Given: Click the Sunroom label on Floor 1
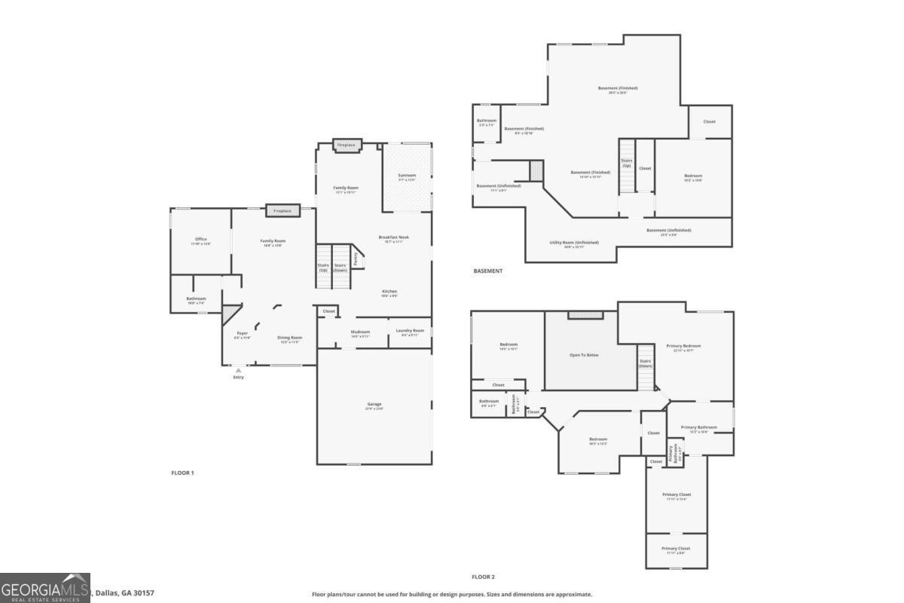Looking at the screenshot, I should pyautogui.click(x=407, y=176).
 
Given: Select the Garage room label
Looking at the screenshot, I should pyautogui.click(x=374, y=405).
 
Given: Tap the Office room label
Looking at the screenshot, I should pyautogui.click(x=200, y=240).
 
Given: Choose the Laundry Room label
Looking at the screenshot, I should pyautogui.click(x=410, y=331).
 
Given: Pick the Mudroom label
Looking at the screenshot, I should pyautogui.click(x=360, y=332).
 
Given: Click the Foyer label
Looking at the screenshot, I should pyautogui.click(x=242, y=333).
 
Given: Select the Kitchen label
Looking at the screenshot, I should pyautogui.click(x=389, y=292).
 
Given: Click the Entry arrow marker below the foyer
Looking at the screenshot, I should pyautogui.click(x=238, y=370).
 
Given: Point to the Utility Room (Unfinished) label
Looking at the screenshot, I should pyautogui.click(x=574, y=243).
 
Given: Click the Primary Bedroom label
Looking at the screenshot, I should pyautogui.click(x=684, y=346).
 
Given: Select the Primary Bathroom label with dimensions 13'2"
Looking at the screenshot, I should pyautogui.click(x=698, y=427).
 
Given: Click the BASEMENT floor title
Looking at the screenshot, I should pyautogui.click(x=487, y=271).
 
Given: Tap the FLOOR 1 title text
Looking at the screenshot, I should pyautogui.click(x=182, y=473).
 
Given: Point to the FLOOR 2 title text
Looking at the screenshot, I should pyautogui.click(x=483, y=577).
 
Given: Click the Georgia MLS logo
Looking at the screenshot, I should pyautogui.click(x=45, y=588).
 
